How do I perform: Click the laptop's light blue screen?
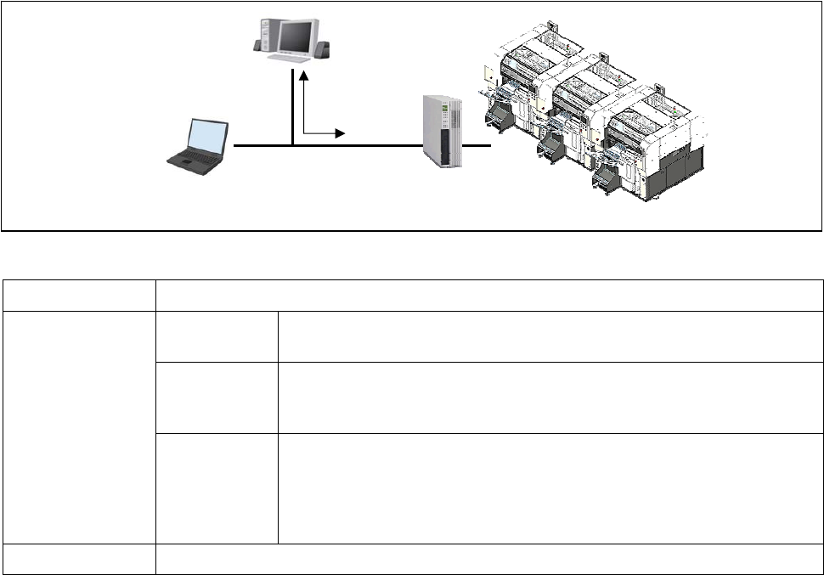209,138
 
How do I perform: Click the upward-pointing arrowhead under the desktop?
302,75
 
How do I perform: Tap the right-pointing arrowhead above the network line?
341,133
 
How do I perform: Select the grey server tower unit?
443,131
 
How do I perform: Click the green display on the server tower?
442,115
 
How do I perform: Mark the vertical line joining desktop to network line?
292,106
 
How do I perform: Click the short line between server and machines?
479,146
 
